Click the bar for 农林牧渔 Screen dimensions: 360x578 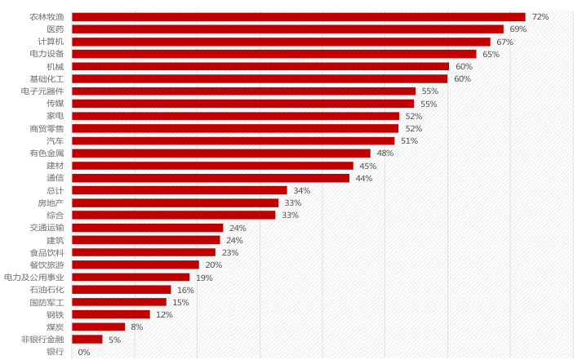point(298,16)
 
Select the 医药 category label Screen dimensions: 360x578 point(54,29)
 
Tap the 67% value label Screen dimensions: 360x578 point(505,42)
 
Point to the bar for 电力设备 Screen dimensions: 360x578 point(273,54)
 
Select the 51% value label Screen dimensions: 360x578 point(410,140)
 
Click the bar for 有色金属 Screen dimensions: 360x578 point(220,153)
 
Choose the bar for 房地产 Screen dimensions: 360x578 point(175,202)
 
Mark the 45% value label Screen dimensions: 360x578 point(368,166)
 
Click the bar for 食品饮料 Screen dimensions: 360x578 point(144,252)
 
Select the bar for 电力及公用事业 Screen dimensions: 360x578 point(131,278)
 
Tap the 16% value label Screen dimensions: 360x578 point(185,290)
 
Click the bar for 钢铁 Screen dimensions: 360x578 point(111,314)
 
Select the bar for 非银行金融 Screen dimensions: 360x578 point(87,339)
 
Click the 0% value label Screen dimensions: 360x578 point(84,352)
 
